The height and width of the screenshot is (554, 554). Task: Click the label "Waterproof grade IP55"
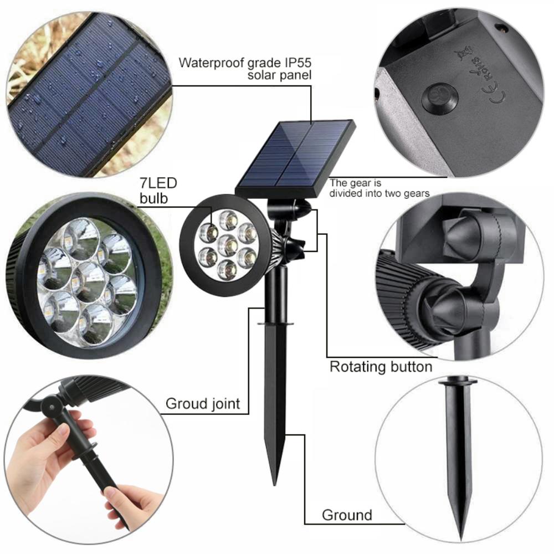tap(244, 61)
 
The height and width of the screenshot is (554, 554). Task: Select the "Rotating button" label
tap(381, 367)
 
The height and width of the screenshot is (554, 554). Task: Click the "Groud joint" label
tap(203, 404)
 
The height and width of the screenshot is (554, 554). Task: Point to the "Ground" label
tap(347, 515)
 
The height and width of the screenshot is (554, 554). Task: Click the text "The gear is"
tap(355, 182)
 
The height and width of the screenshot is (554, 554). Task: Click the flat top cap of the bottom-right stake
tap(458, 382)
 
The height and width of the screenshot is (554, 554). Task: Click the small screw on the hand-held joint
tap(52, 407)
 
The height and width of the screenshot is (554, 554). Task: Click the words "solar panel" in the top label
tap(279, 75)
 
